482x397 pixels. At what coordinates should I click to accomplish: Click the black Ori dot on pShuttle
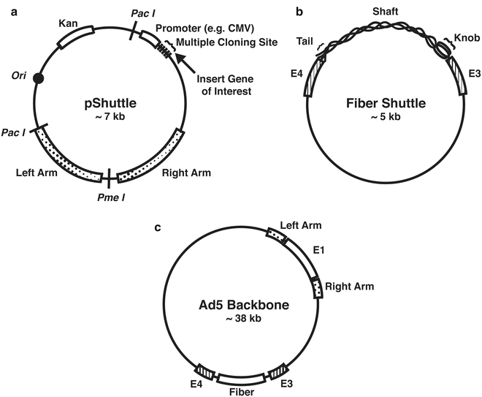[x=38, y=77]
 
